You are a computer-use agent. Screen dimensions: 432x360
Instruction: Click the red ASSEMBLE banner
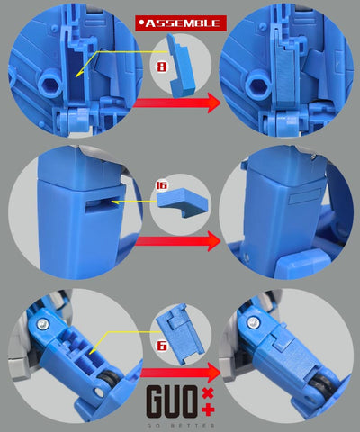180,22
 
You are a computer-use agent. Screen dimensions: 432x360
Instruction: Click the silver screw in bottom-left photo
41,325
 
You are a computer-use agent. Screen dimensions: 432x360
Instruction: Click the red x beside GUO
208,393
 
